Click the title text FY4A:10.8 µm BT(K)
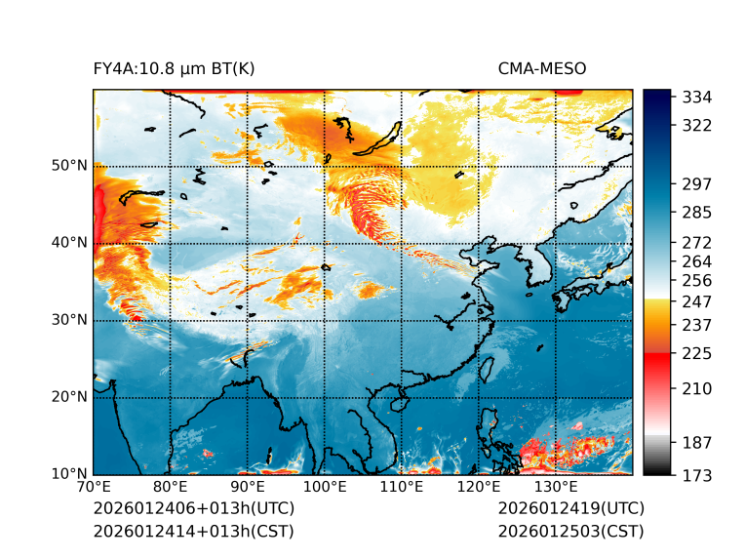coord(175,68)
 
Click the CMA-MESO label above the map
coord(542,68)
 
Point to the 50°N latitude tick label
coord(69,165)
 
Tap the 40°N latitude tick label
coord(69,242)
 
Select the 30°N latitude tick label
coord(69,320)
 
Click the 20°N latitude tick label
coord(69,397)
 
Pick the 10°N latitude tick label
coord(69,474)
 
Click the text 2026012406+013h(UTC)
coord(193,508)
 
